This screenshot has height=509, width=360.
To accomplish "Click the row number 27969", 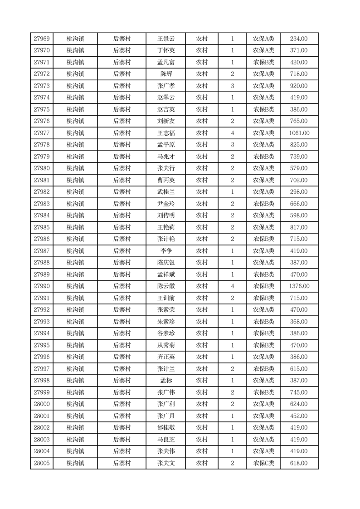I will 42,39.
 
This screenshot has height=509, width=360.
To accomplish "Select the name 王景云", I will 165,39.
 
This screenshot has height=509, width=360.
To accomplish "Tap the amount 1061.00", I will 299,133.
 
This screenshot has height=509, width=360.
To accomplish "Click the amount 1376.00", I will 299,286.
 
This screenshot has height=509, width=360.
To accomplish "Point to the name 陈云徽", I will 165,286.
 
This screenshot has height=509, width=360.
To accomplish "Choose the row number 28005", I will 42,463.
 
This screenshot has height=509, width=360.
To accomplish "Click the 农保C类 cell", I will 263,463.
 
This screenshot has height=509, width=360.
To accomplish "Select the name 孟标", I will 166,381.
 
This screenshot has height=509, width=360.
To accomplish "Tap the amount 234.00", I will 299,39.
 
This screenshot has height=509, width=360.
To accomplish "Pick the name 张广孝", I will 165,86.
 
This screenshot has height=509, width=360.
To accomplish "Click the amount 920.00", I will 299,86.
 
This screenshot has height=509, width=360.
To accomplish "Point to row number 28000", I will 42,404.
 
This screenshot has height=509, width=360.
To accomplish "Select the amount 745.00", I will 299,392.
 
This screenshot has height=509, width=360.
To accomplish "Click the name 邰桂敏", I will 165,428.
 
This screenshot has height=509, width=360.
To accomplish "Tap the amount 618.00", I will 299,463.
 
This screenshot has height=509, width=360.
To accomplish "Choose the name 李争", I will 166,251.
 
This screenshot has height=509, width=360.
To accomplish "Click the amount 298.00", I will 299,192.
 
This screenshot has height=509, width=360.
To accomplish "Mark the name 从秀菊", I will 165,345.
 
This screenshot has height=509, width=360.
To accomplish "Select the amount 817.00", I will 299,227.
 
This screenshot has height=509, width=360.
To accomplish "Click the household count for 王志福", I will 233,133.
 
